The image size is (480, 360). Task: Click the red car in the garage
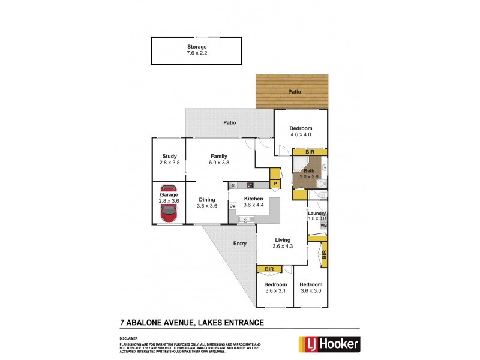coord(169,204)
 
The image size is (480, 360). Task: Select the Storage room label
coord(197,47)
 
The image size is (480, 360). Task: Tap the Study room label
coord(169,156)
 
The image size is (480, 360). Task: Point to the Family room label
coord(218,156)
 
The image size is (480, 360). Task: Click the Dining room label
coord(206,199)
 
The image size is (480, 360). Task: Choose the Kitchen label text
coord(253,198)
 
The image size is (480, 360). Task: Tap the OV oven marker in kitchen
coord(232,206)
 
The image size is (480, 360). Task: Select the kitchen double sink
coord(246,221)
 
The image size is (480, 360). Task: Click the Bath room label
coord(308,172)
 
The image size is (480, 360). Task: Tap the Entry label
coord(240,243)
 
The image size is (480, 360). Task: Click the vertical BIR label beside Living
coord(324,255)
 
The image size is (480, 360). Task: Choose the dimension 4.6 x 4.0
coord(301,135)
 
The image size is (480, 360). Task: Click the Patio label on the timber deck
coord(294,92)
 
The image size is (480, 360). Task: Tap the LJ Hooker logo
coord(329,343)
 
